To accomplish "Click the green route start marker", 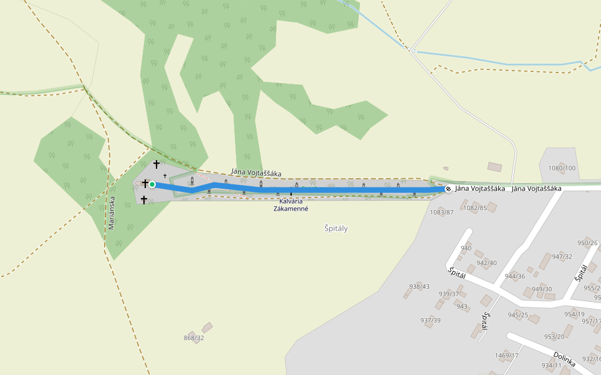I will pyautogui.click(x=152, y=184).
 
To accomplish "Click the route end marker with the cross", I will pyautogui.click(x=448, y=189).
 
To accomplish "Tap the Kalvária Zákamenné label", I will pyautogui.click(x=290, y=205).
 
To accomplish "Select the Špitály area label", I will pyautogui.click(x=336, y=229).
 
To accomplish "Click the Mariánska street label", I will pyautogui.click(x=111, y=213).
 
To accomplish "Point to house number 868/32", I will pyautogui.click(x=194, y=338).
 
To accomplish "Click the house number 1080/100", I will pyautogui.click(x=562, y=168).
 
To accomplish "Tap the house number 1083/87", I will pyautogui.click(x=441, y=212).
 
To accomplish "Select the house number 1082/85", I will pyautogui.click(x=475, y=207).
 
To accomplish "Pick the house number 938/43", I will pyautogui.click(x=419, y=286).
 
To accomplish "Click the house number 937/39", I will pyautogui.click(x=430, y=321).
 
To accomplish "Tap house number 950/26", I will pyautogui.click(x=587, y=243).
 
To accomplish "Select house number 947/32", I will pyautogui.click(x=562, y=256).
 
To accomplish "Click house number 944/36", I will pyautogui.click(x=515, y=276).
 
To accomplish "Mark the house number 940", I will pyautogui.click(x=466, y=248).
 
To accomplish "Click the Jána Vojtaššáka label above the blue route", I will pyautogui.click(x=255, y=173).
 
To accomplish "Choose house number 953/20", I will pyautogui.click(x=554, y=337).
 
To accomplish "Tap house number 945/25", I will pyautogui.click(x=518, y=314).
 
